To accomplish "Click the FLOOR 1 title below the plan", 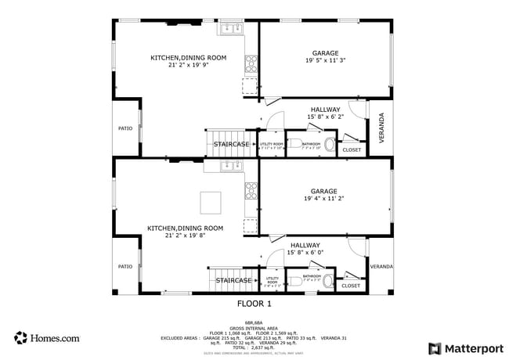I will click(254, 303).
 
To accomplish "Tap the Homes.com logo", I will click(47, 338).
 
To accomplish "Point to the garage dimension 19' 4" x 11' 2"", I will click(323, 199).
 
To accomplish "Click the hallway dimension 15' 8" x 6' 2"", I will click(325, 117).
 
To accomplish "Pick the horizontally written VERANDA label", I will click(381, 267).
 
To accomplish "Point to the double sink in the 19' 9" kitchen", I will click(231, 30).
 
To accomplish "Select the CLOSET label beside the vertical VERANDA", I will click(352, 149).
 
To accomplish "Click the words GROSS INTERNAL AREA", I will click(254, 327).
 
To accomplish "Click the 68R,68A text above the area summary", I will click(254, 322).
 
